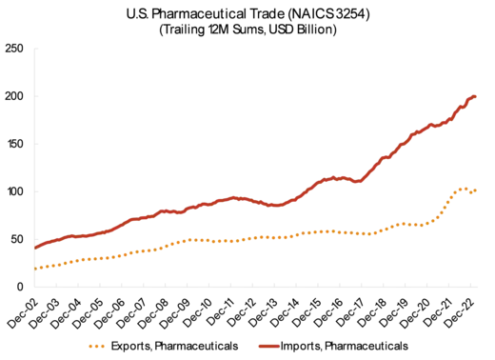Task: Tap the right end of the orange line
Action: [x=477, y=191]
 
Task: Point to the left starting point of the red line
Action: [x=35, y=248]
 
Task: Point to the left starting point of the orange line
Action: [x=35, y=270]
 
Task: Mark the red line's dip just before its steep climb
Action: [x=359, y=182]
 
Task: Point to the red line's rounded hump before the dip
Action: [x=333, y=177]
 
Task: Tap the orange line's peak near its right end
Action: [x=464, y=188]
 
